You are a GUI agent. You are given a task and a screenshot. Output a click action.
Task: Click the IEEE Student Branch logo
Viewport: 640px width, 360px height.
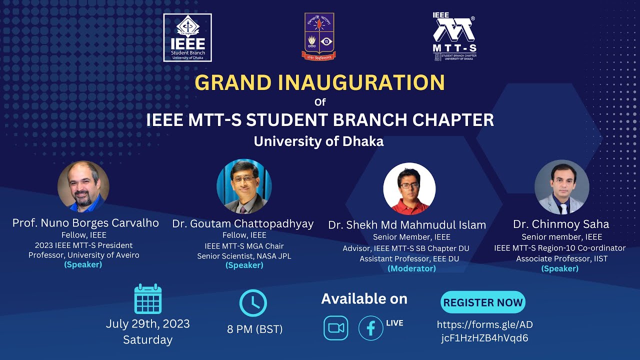187,37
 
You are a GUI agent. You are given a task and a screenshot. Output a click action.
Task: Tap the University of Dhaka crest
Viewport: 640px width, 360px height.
319,36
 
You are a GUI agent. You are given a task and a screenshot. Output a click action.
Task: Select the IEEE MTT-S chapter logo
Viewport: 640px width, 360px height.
454,36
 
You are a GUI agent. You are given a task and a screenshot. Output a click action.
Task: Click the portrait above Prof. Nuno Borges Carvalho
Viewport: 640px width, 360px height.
83,186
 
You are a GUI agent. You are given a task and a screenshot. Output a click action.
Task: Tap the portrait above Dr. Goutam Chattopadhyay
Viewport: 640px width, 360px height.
244,186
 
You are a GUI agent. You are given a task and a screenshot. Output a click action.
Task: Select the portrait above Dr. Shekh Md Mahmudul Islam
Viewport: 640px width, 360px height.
409,188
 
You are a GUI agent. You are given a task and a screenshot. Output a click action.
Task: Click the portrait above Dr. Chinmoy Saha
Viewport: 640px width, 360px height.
561,187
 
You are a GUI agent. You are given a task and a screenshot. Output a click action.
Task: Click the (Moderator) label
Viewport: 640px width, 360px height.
411,268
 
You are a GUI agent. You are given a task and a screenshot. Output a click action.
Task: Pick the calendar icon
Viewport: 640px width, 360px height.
148,299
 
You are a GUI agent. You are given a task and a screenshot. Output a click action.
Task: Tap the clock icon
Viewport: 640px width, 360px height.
253,303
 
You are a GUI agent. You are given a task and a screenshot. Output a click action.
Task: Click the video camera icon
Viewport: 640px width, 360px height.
335,328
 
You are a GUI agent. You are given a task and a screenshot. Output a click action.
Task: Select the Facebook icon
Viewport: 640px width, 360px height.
371,328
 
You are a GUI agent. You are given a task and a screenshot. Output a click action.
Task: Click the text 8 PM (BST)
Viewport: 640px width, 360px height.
255,329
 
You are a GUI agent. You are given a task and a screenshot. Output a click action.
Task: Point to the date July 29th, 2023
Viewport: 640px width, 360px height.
148,324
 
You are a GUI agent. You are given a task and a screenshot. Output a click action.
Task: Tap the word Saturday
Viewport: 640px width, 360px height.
148,340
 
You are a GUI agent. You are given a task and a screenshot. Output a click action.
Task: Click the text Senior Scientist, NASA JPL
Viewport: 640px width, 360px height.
244,256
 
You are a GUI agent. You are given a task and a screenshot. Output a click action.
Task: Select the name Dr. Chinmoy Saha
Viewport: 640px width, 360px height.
561,224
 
